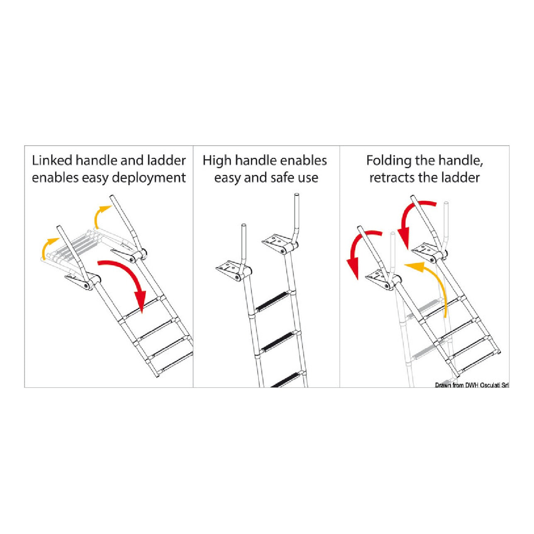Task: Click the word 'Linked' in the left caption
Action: point(52,161)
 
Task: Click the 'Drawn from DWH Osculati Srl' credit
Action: point(472,385)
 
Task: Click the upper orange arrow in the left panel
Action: point(100,217)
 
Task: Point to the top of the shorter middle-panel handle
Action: point(244,225)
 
